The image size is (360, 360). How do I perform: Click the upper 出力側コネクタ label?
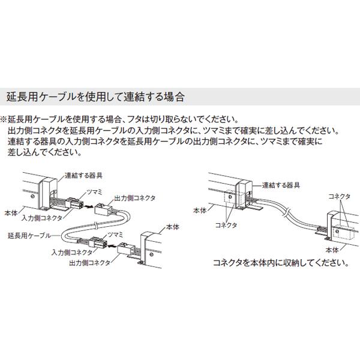point(128,196)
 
